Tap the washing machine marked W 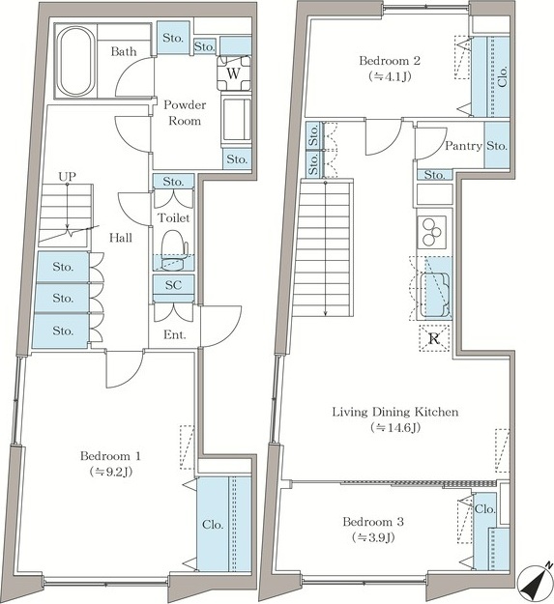234,73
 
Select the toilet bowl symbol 174,250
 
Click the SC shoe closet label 173,285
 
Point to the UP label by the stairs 67,177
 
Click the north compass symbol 535,583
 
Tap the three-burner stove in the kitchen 431,232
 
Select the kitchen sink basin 434,295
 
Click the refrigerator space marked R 434,338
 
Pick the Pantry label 464,146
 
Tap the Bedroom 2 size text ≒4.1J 390,76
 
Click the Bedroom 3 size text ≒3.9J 373,537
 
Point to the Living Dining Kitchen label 395,412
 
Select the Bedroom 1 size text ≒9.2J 111,472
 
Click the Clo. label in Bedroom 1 213,525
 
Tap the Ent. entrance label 175,334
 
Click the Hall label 121,238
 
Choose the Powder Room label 185,112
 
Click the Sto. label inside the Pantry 497,146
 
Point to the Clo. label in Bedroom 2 503,76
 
